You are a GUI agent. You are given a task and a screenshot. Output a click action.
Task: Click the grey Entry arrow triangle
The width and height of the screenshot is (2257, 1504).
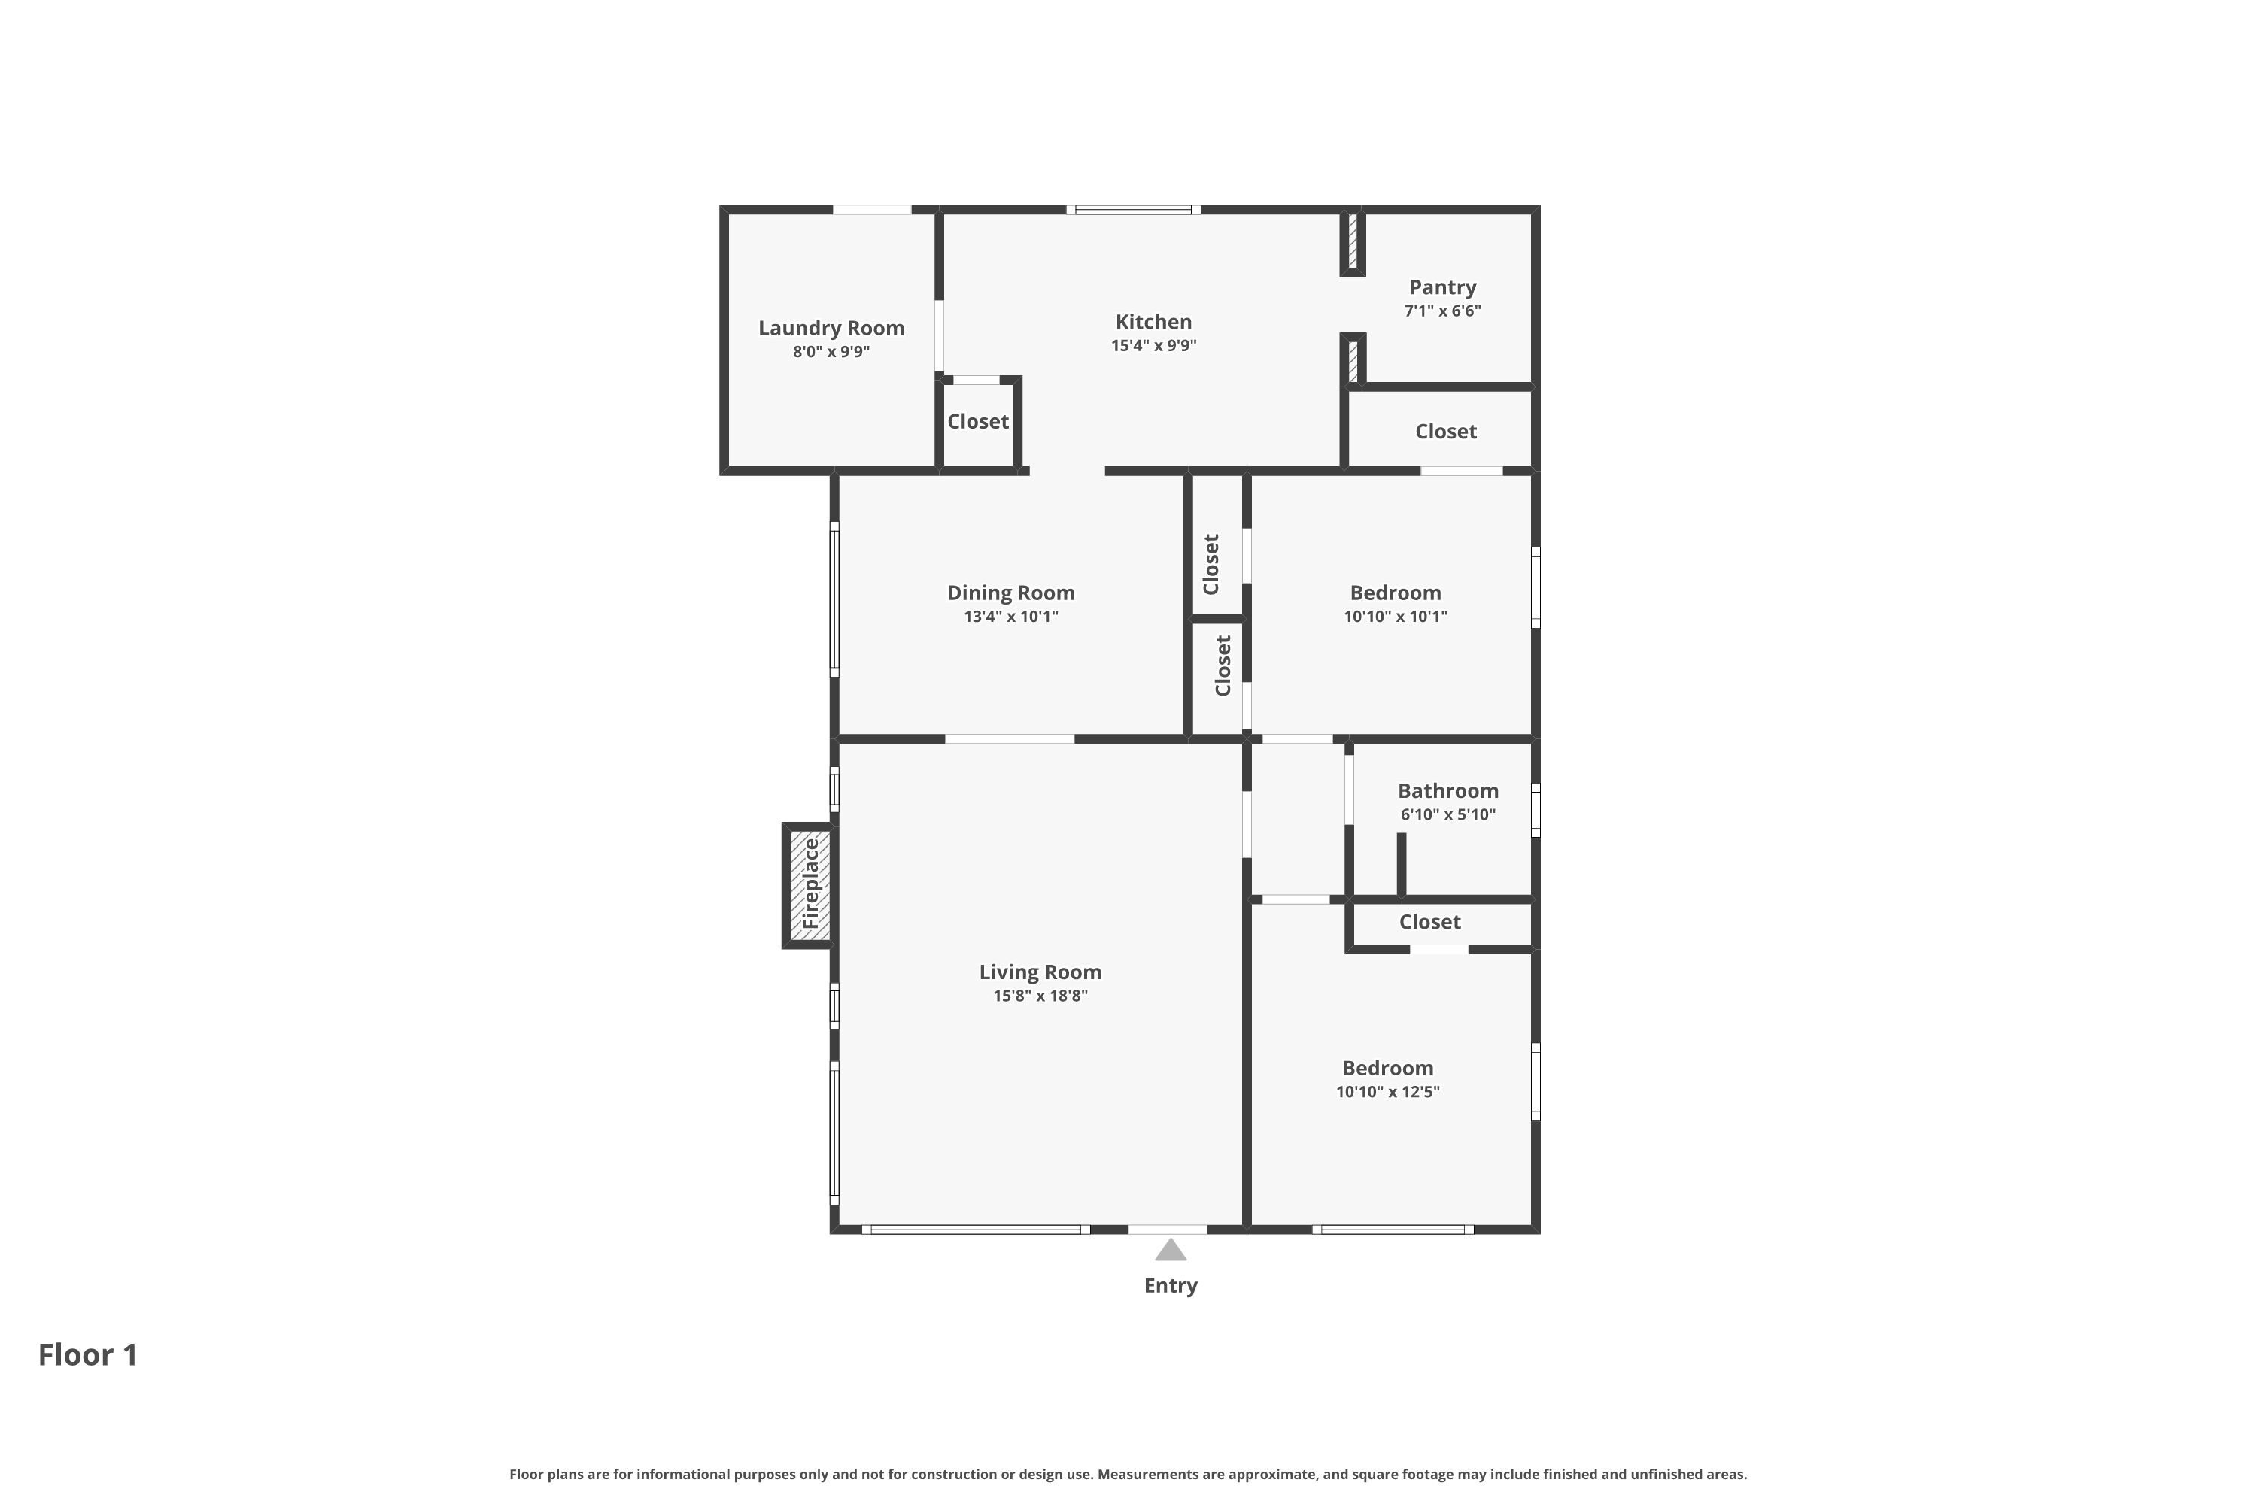pyautogui.click(x=1170, y=1251)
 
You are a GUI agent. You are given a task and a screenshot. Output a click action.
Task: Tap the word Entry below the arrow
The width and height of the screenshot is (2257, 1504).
pyautogui.click(x=1170, y=1285)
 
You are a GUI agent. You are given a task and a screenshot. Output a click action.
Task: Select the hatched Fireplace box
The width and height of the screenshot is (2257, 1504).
pyautogui.click(x=809, y=884)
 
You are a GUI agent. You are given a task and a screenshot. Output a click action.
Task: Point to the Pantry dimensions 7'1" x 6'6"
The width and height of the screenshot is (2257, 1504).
pyautogui.click(x=1441, y=311)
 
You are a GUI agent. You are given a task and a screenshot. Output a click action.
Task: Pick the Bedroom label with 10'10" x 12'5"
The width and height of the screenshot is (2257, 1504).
pyautogui.click(x=1387, y=1069)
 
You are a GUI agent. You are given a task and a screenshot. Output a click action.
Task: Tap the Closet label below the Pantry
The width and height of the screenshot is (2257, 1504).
pyautogui.click(x=1444, y=432)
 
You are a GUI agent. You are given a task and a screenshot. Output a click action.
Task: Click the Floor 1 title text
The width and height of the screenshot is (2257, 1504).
pyautogui.click(x=87, y=1354)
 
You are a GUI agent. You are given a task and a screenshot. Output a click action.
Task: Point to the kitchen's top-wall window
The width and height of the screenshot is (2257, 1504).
pyautogui.click(x=1132, y=209)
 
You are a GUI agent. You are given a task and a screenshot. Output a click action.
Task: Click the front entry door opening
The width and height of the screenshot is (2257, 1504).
pyautogui.click(x=1166, y=1229)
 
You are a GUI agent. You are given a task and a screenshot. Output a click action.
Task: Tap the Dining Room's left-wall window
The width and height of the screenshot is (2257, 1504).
pyautogui.click(x=834, y=599)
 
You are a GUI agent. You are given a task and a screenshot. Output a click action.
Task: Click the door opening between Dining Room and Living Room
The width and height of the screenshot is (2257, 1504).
pyautogui.click(x=1009, y=738)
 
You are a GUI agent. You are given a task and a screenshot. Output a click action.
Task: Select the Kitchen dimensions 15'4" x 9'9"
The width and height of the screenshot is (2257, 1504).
pyautogui.click(x=1153, y=345)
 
